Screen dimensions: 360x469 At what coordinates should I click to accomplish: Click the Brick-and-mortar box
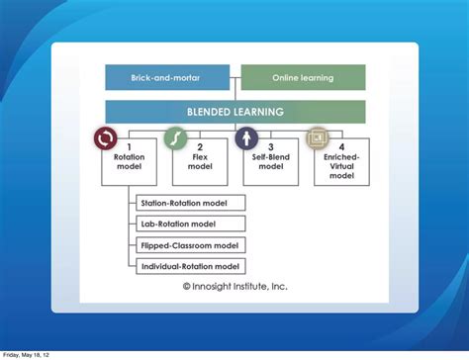166,77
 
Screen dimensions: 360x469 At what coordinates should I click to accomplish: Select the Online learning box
303,77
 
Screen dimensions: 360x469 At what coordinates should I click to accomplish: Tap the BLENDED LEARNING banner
234,112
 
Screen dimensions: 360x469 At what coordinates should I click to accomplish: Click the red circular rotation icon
106,137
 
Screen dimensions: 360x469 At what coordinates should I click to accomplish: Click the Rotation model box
130,160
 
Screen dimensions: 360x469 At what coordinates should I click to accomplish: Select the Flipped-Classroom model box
189,245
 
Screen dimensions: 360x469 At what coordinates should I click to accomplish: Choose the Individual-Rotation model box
189,266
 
